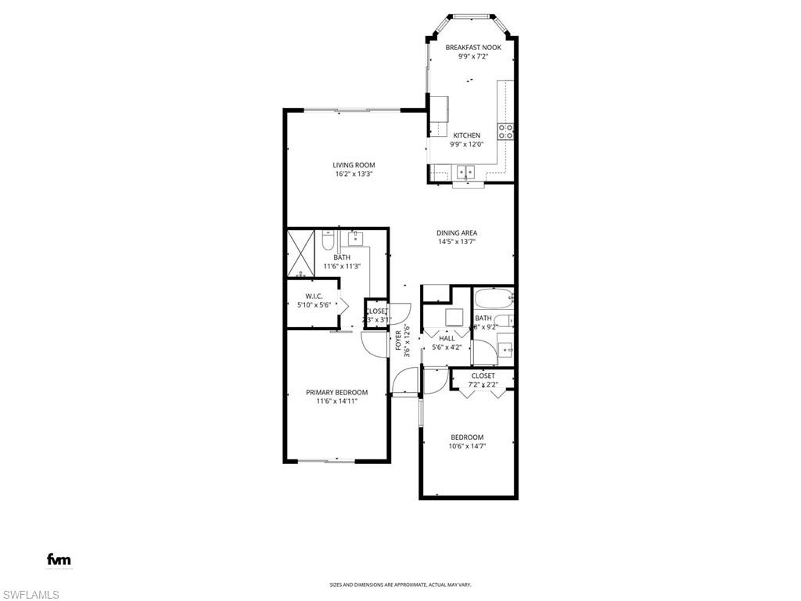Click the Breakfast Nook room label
[473, 48]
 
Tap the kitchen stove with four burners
[506, 131]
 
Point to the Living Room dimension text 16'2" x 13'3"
[354, 175]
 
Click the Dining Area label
[457, 232]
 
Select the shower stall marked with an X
[301, 251]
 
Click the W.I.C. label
[314, 296]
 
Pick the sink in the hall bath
[505, 348]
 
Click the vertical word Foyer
[398, 339]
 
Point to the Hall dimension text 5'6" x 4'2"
[447, 347]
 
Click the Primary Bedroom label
[336, 392]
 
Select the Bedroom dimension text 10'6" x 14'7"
[466, 447]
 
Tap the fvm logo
[59, 559]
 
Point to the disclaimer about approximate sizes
[400, 585]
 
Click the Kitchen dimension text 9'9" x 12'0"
[467, 144]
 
